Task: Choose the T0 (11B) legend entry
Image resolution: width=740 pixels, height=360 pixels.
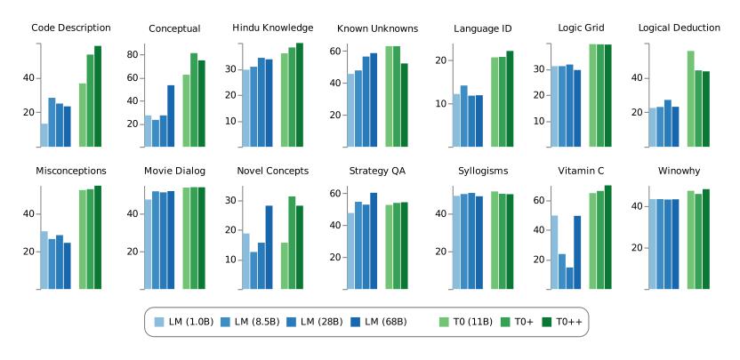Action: tap(470, 321)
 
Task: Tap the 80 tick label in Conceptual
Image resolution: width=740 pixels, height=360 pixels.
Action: tap(130, 54)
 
